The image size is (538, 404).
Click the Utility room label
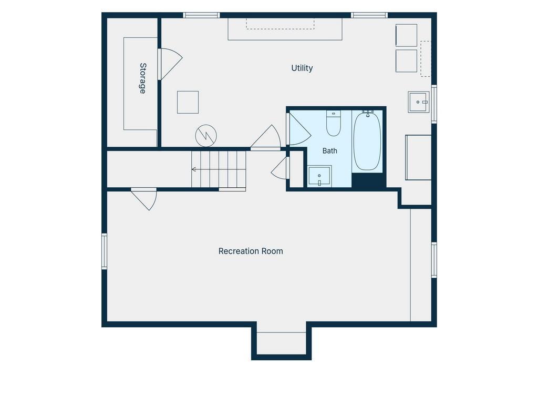coord(302,68)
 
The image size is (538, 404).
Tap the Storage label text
coord(143,78)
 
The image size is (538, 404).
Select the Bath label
coord(330,151)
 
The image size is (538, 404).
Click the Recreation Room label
coord(251,251)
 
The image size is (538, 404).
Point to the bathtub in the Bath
coord(367,140)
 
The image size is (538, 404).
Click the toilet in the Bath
coord(333,123)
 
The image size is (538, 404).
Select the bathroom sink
coord(319,176)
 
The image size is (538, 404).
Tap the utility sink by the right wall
coord(419,102)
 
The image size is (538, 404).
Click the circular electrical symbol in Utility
coord(206,136)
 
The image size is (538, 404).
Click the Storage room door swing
coord(170,64)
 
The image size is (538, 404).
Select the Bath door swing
coord(299,128)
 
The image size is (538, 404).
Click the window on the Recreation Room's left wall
coord(105,251)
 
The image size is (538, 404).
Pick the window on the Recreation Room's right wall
coord(434,260)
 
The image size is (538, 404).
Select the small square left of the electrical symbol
coord(188,103)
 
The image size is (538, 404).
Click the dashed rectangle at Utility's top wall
coord(280,24)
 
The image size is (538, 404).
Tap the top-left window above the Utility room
coord(201,15)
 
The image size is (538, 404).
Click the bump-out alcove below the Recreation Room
coord(282,343)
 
